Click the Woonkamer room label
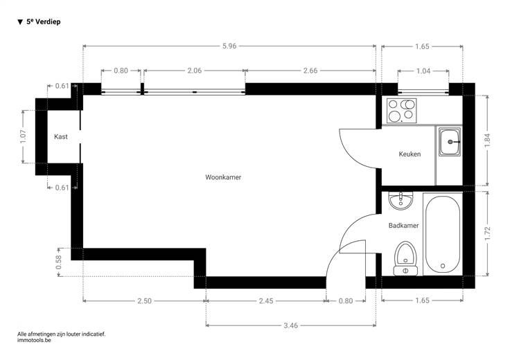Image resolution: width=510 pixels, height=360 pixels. (223, 177)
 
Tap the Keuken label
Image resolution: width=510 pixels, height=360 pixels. (410, 154)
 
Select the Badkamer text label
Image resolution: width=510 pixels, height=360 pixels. (404, 226)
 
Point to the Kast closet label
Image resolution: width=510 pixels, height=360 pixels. (61, 136)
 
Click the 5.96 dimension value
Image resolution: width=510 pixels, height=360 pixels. (229, 46)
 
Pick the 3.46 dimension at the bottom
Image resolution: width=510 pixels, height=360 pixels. (291, 325)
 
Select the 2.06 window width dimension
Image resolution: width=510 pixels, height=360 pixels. (195, 71)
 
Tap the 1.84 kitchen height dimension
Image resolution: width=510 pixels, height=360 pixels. (487, 141)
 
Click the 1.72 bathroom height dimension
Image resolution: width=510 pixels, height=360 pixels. (487, 234)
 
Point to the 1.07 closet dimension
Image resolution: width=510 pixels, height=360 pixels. (23, 137)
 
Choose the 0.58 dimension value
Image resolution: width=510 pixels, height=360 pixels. (58, 262)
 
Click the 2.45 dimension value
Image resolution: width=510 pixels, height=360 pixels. (266, 301)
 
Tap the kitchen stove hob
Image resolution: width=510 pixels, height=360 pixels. (401, 111)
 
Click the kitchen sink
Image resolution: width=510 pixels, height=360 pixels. (450, 142)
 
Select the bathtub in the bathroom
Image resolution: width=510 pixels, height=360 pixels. (443, 234)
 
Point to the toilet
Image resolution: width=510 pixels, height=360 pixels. (405, 259)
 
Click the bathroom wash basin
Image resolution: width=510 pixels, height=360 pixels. (401, 201)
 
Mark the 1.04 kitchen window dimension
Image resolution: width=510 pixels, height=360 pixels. (423, 71)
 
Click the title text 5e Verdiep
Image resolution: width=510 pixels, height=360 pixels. (44, 21)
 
